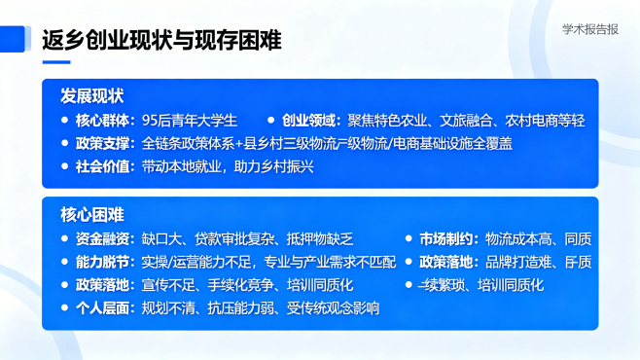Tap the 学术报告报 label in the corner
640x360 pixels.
tap(590, 29)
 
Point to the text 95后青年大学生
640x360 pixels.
tap(190, 121)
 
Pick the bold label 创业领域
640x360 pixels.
tap(312, 121)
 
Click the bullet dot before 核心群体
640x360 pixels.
tap(64, 121)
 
